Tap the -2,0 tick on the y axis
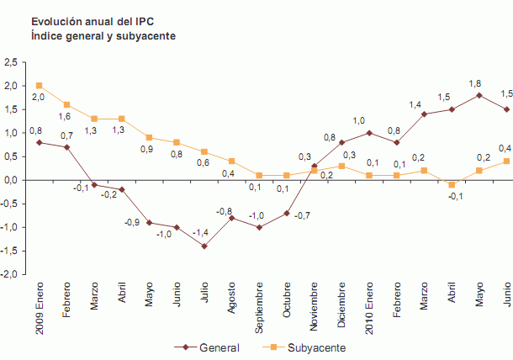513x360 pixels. tap(10, 274)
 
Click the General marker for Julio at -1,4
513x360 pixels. tap(204, 246)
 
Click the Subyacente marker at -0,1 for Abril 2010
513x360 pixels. tap(452, 184)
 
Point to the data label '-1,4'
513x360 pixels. tap(202, 231)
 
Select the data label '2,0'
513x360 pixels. tap(38, 98)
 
